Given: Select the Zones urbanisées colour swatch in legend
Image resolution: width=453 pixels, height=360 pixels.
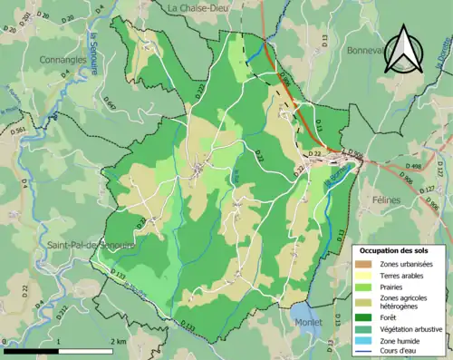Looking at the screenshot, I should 364,263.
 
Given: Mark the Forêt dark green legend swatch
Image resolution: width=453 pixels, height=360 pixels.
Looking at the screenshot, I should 364,316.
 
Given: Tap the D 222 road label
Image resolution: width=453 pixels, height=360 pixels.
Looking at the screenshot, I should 200,90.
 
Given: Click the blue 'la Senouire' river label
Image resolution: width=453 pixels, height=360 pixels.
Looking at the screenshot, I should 93,50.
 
